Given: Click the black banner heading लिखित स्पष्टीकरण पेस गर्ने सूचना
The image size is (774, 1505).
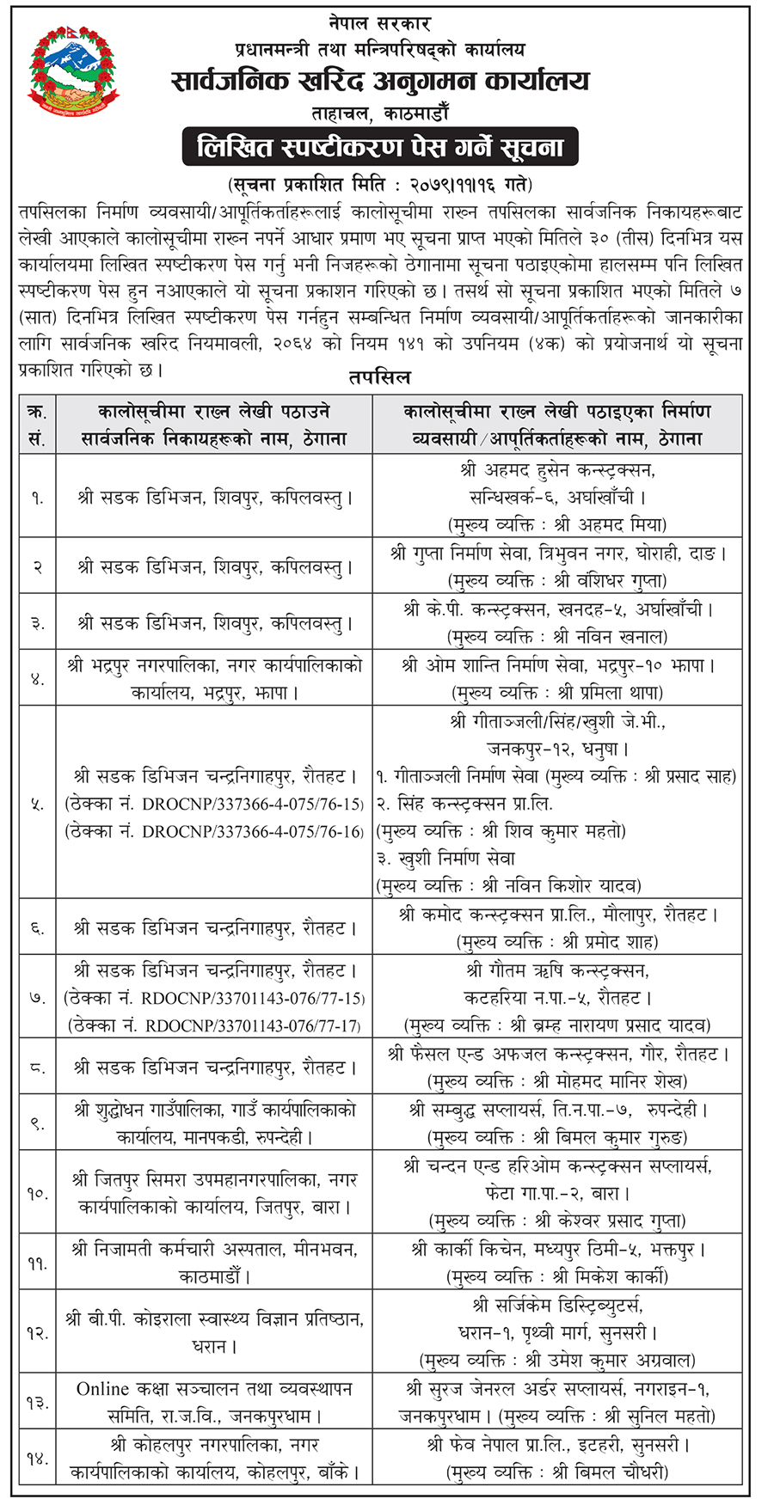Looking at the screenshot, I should [379, 147].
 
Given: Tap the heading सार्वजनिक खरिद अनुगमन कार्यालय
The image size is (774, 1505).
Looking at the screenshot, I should [381, 82].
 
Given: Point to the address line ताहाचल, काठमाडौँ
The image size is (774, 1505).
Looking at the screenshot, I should [380, 113].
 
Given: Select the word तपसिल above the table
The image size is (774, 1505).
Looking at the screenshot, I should [379, 377].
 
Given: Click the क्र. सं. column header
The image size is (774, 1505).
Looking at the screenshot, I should [37, 425].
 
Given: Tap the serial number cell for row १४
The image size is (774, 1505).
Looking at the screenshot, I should [37, 1459].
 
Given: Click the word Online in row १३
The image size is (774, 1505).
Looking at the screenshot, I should [102, 1389].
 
